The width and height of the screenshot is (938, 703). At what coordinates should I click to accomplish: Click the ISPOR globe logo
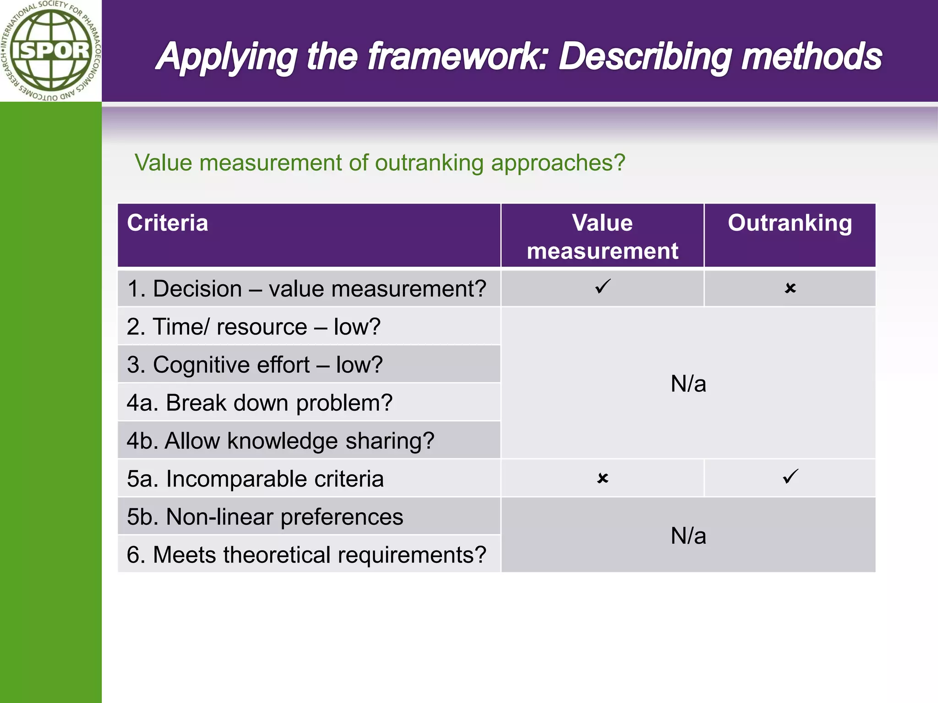coord(50,50)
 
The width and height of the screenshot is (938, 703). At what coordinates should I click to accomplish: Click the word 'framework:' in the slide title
coord(458,57)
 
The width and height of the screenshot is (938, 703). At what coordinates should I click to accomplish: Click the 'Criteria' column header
coord(168,223)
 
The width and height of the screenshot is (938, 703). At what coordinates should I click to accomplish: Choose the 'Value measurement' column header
coord(602,237)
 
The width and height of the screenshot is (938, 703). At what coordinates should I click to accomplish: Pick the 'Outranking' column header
coord(790,223)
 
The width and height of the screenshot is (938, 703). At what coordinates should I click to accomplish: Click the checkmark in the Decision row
coord(603,287)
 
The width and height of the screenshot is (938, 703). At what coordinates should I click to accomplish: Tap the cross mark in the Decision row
coord(790,288)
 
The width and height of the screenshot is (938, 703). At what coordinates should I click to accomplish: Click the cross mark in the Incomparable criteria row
coord(603,478)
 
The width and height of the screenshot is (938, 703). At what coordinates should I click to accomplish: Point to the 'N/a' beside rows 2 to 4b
coord(688,384)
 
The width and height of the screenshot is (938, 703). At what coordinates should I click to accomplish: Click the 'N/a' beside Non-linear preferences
coord(688,535)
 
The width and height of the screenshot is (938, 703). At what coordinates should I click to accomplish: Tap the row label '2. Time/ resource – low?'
coord(254,327)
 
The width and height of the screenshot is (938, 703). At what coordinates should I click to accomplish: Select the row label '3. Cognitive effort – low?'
coord(255,365)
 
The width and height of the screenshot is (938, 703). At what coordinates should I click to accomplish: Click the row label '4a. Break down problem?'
coord(260,403)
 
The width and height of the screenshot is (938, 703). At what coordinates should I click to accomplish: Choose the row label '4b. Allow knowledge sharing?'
coord(280,441)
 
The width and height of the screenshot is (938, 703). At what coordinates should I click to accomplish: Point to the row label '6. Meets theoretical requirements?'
coord(306,555)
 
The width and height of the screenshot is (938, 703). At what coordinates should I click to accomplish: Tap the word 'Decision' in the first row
coord(197,289)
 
